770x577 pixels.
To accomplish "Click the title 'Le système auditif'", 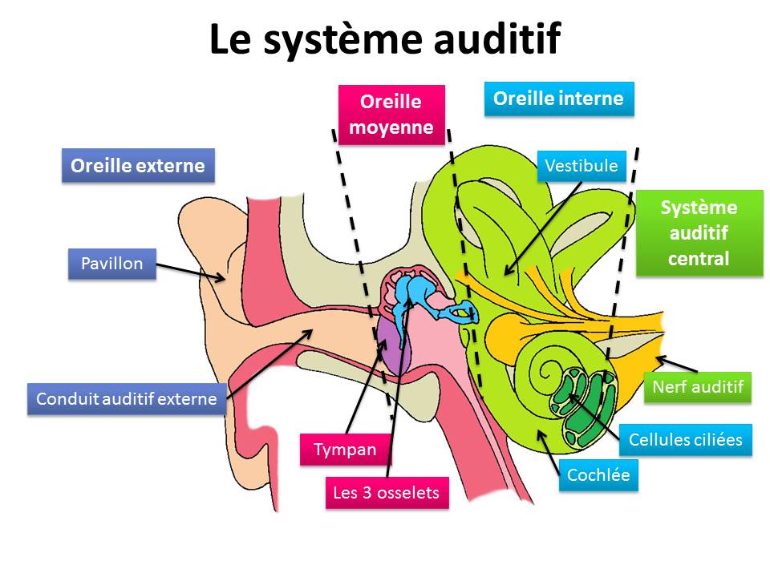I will pos(384,39).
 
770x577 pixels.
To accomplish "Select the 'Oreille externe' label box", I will pos(138,166).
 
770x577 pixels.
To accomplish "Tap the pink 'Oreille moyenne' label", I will pos(391,115).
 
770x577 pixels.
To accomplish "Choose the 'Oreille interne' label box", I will pos(558,99).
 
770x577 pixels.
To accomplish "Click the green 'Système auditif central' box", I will pos(699,233).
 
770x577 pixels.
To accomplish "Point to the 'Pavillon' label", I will pos(111,263).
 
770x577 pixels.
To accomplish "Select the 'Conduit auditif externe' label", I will pos(127,398).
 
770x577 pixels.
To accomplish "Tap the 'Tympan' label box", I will pos(345,449).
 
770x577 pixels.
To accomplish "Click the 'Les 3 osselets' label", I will pos(387,492).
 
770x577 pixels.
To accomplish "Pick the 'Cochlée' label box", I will pos(598,474).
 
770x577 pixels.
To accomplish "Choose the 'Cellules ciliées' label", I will pos(686,439).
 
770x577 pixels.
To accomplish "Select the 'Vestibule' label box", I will pos(582,166).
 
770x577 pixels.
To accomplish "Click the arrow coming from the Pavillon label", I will pos(188,269).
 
